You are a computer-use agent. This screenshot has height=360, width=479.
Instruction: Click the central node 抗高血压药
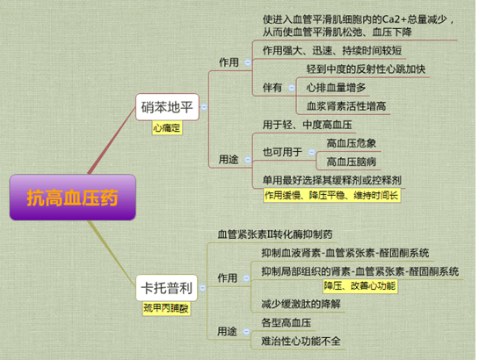(x=73, y=198)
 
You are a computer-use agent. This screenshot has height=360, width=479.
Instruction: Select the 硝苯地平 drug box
(x=167, y=107)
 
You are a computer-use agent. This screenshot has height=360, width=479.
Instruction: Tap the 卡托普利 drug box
(x=167, y=288)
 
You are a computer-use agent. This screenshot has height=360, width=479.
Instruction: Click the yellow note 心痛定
(x=167, y=128)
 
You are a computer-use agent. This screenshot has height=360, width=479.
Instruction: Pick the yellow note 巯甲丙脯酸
(x=166, y=308)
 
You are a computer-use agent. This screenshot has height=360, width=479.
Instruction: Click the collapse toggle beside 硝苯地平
(x=204, y=107)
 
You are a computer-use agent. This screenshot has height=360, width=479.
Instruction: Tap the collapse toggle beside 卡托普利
(x=202, y=288)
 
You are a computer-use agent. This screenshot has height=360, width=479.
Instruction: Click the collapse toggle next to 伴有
(x=292, y=88)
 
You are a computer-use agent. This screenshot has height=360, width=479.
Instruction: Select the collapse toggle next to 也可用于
(x=312, y=152)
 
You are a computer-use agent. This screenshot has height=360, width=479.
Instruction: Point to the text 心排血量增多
(x=336, y=88)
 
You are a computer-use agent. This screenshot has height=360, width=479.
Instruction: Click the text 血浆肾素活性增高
(x=346, y=106)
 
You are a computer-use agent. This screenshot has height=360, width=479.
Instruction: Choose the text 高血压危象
(x=352, y=143)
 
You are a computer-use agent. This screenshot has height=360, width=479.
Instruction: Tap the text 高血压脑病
(x=352, y=162)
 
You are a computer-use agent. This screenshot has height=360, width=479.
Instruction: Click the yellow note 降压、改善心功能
(x=360, y=286)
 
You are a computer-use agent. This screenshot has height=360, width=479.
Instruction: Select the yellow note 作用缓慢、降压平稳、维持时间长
(x=331, y=195)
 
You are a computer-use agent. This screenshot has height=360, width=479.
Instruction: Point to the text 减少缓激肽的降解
(x=301, y=304)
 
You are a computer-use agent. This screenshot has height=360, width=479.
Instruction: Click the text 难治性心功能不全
(x=301, y=341)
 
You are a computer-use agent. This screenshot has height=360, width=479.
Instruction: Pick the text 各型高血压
(x=287, y=323)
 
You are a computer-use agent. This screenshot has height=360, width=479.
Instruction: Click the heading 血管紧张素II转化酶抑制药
(x=275, y=234)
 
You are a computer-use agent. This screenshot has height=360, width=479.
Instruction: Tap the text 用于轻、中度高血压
(x=308, y=125)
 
